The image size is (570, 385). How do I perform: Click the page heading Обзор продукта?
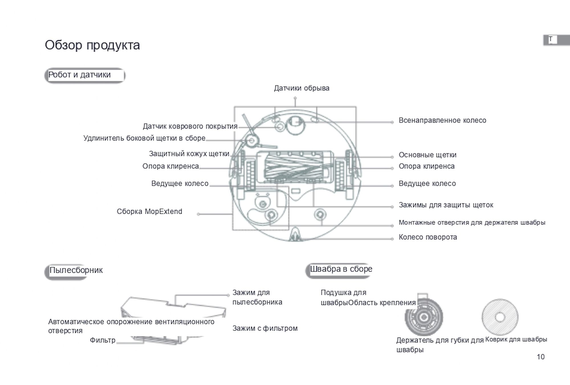(x=92, y=45)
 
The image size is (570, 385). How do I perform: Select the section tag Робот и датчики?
(x=80, y=75)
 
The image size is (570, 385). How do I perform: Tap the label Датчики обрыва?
(x=302, y=88)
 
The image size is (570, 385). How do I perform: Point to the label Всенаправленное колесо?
(x=442, y=120)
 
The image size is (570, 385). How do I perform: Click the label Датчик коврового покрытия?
(x=190, y=126)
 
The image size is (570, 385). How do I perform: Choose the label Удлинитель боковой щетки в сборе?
(x=144, y=138)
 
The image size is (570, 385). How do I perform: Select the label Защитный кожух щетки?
(x=189, y=154)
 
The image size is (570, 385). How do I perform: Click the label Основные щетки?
(x=427, y=155)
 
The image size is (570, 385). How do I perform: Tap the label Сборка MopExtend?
(x=149, y=211)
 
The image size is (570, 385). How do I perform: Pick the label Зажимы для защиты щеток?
(x=446, y=205)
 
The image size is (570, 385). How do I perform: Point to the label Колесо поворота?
(x=428, y=237)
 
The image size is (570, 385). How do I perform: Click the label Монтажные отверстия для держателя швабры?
(x=472, y=223)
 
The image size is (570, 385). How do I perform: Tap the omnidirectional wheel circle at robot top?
(x=295, y=125)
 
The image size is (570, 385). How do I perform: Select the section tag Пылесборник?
(x=76, y=270)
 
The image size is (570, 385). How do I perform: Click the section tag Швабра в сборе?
(x=341, y=269)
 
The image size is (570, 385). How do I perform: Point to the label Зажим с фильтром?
(x=265, y=328)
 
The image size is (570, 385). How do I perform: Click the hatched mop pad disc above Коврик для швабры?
(x=500, y=317)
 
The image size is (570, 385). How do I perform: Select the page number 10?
(x=541, y=357)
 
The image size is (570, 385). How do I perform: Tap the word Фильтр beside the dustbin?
(x=103, y=340)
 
